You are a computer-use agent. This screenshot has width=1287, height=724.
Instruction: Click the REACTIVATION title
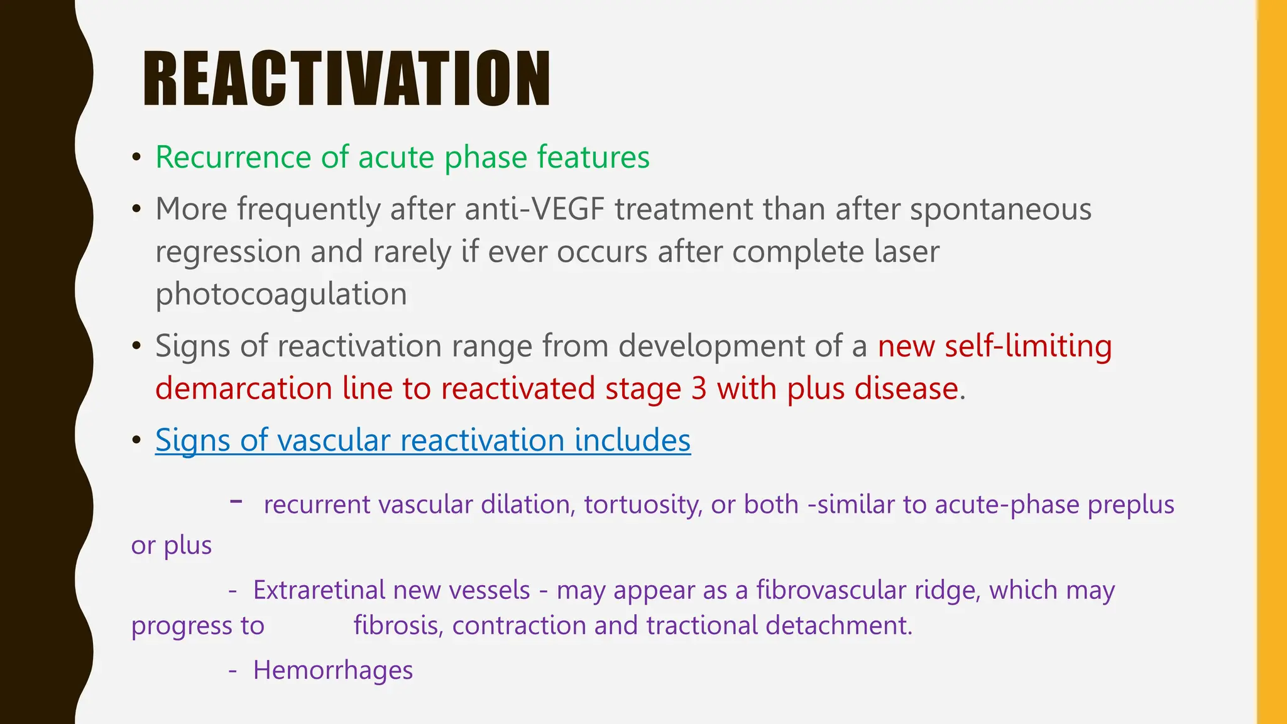click(346, 79)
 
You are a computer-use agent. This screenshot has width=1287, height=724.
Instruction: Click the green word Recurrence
click(233, 157)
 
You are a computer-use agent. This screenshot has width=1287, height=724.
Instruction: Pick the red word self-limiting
click(1028, 346)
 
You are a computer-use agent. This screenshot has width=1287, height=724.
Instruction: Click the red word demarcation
click(243, 388)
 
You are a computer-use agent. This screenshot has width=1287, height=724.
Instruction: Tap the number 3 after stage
click(699, 388)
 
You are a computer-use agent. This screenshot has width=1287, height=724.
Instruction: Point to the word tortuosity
click(642, 505)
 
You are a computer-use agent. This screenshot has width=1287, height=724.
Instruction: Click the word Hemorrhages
click(332, 671)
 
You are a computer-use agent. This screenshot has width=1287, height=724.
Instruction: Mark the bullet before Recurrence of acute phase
click(136, 158)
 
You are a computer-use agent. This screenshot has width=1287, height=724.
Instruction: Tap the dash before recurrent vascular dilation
click(236, 502)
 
